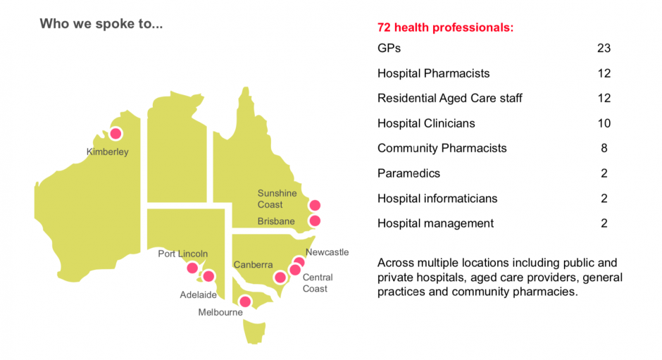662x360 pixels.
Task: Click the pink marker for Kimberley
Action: pos(115,133)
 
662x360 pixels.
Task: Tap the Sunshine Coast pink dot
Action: pos(315,205)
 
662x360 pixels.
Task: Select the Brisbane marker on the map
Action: pos(315,221)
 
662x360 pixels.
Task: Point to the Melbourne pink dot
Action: pos(245,302)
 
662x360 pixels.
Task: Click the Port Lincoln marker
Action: pos(192,268)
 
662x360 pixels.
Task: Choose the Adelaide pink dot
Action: pos(208,275)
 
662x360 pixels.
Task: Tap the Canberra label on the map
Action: pos(253,265)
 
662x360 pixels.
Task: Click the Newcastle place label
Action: pos(327,252)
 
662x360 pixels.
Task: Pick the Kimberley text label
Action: pos(107,151)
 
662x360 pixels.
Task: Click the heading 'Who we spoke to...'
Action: pos(101,24)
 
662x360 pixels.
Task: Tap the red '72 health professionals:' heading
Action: pos(445,28)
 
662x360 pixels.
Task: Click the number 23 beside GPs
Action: pos(603,49)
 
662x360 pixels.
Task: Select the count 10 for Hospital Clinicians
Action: pos(603,123)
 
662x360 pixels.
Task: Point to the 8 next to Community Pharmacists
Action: pos(604,148)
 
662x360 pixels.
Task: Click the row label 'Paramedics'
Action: pos(408,173)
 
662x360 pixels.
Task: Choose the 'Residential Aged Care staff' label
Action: pos(449,98)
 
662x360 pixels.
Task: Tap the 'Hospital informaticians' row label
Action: pos(437,199)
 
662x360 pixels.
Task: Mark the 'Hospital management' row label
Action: pos(435,223)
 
